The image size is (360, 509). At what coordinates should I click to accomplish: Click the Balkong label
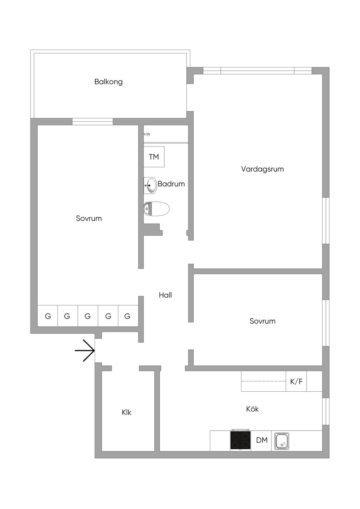point(108,82)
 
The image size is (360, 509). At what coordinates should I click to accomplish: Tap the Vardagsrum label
point(262,169)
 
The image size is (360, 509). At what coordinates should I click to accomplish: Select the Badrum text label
point(171,184)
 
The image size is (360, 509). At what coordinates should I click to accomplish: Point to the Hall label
point(165,295)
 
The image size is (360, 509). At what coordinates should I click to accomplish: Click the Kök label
point(252,409)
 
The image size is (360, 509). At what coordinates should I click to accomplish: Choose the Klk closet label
point(127,412)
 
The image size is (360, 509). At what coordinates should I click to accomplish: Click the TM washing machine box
point(154,157)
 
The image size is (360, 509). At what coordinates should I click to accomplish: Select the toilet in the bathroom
point(156,209)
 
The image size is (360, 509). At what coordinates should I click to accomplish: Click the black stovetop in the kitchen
point(240,441)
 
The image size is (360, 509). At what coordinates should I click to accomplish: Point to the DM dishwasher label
point(262,440)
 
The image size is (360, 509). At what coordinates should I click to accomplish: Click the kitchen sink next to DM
point(282,441)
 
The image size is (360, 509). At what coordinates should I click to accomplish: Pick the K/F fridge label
point(296,381)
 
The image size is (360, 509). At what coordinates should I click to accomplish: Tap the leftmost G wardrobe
point(48,316)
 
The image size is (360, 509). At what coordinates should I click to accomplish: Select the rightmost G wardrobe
point(127,316)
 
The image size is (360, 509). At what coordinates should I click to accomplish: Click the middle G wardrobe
point(88,316)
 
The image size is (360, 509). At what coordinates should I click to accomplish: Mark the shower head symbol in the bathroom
point(148,134)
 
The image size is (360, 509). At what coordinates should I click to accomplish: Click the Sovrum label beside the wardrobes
point(89,218)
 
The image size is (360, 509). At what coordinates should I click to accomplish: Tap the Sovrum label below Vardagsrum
point(262,321)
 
